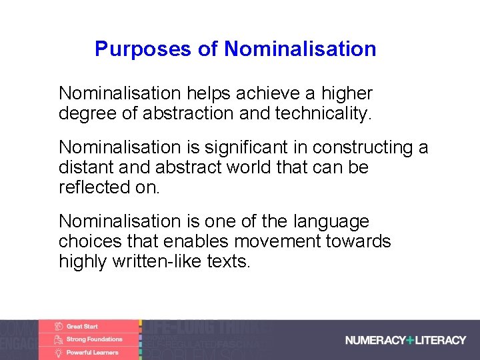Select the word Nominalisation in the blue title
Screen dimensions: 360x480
pyautogui.click(x=300, y=49)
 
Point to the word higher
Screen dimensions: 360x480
pyautogui.click(x=347, y=93)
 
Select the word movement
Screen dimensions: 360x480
pyautogui.click(x=284, y=241)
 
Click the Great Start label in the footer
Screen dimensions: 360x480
pyautogui.click(x=82, y=327)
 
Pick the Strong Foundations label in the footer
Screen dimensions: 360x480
pyautogui.click(x=95, y=339)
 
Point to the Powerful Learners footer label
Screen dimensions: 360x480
pyautogui.click(x=92, y=352)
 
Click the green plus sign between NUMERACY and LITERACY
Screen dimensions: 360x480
pyautogui.click(x=410, y=340)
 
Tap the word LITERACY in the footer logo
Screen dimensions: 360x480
pyautogui.click(x=441, y=340)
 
